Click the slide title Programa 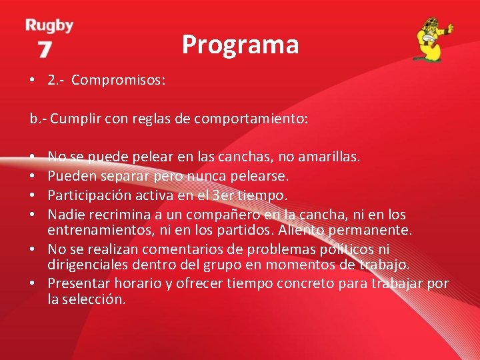240,45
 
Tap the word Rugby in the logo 49,26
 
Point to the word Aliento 302,230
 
